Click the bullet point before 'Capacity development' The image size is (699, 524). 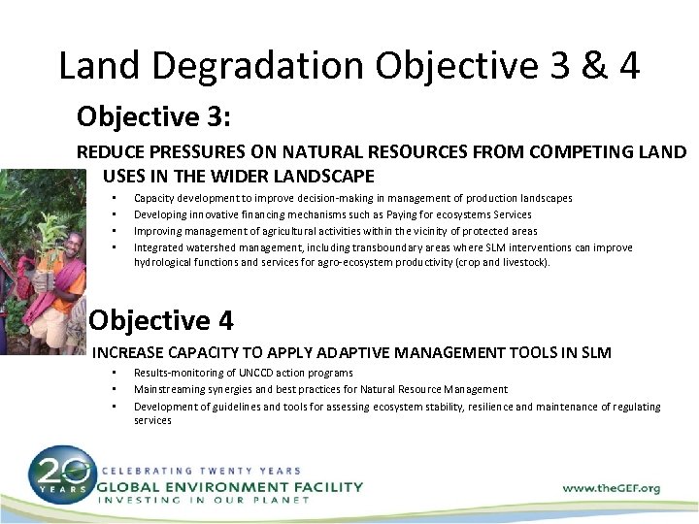[x=115, y=197]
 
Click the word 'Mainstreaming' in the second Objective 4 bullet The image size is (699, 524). [x=168, y=389]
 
